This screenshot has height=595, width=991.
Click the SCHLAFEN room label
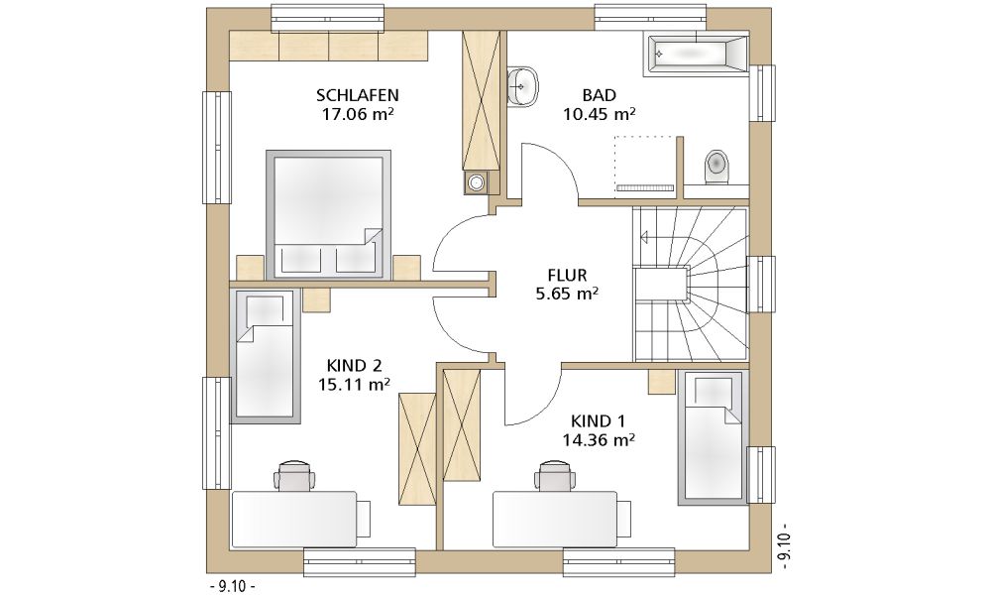(357, 95)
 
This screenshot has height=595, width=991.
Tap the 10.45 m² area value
(599, 114)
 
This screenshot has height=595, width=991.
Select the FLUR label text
(567, 276)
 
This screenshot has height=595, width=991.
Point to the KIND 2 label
(354, 366)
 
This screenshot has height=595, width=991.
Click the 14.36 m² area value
(599, 439)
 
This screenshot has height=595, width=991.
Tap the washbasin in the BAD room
(522, 86)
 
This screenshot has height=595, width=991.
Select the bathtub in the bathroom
(696, 56)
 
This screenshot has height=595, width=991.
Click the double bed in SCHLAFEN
(328, 214)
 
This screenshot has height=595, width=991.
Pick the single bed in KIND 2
(265, 356)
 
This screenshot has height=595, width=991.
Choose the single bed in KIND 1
(713, 437)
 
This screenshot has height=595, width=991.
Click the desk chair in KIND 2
(295, 475)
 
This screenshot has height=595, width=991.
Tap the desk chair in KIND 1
(554, 475)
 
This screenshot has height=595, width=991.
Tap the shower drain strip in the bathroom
(645, 187)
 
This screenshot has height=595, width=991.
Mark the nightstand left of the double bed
(250, 268)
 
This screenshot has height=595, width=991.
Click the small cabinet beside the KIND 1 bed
(662, 382)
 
